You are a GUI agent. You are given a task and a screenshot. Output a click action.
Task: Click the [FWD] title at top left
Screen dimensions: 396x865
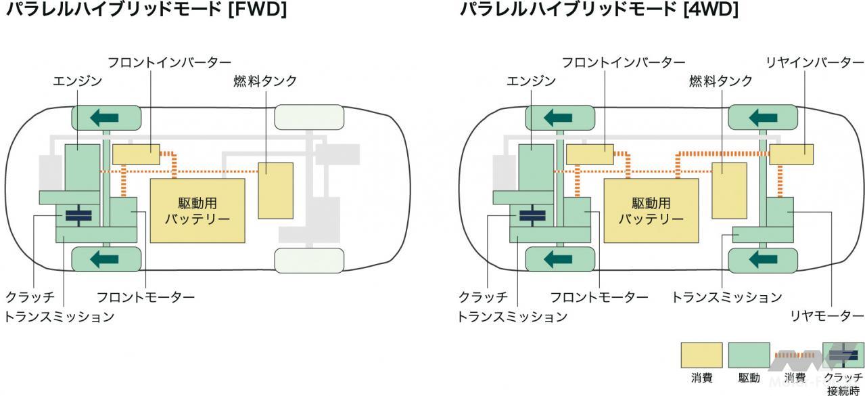[x=146, y=10]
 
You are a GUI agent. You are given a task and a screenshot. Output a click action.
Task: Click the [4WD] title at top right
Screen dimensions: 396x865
[x=599, y=10]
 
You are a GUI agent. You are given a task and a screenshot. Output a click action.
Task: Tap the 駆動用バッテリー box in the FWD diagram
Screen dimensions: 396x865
[x=197, y=210]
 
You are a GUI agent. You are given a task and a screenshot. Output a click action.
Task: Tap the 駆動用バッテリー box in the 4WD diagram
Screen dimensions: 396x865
[x=651, y=210]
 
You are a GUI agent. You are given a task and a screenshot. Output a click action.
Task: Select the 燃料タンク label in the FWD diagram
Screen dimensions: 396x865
[x=265, y=81]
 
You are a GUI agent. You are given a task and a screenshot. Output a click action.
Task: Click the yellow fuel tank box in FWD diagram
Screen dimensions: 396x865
[x=276, y=190]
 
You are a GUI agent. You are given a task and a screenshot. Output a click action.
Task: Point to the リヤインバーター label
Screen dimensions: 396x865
[x=805, y=63]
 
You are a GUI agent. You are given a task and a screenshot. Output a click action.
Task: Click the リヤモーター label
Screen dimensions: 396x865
[x=825, y=316]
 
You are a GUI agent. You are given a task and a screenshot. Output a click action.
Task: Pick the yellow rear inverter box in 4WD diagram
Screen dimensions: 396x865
[x=791, y=154]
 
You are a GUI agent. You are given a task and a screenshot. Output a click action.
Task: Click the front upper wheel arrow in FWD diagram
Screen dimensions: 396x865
[x=106, y=118]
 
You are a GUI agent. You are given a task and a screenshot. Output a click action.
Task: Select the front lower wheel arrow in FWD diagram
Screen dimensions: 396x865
[x=106, y=259]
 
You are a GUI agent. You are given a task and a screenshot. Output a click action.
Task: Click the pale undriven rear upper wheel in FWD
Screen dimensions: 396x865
[x=309, y=118]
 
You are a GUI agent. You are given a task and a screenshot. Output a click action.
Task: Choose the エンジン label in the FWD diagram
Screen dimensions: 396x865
[x=77, y=81]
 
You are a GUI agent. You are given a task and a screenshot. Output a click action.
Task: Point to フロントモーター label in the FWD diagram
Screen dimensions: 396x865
[x=145, y=297]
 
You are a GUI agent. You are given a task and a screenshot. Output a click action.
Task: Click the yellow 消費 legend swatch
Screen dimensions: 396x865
[x=701, y=355]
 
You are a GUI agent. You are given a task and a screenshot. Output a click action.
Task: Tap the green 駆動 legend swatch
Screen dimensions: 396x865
[x=749, y=355]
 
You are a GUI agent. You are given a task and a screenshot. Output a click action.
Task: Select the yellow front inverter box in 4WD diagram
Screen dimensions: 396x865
[x=590, y=154]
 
